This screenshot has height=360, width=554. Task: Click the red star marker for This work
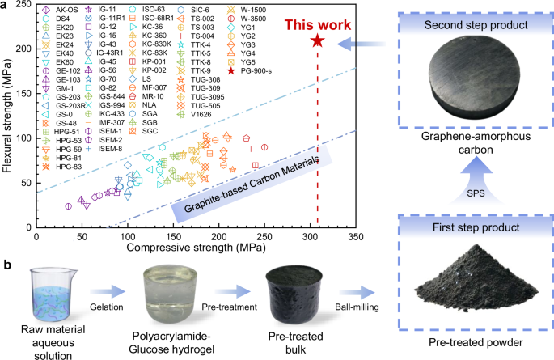[317, 40]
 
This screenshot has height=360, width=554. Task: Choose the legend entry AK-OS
[61, 9]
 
